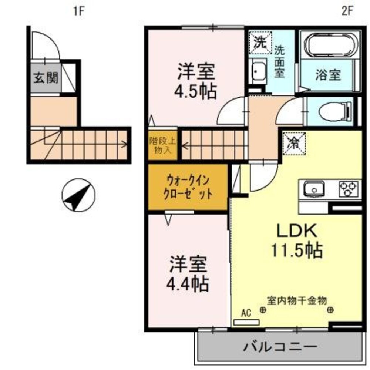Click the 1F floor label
pyautogui.click(x=79, y=11)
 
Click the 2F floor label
pyautogui.click(x=347, y=11)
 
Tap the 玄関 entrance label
pyautogui.click(x=46, y=78)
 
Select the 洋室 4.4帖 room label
pyautogui.click(x=189, y=274)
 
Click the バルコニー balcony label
pyautogui.click(x=280, y=347)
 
